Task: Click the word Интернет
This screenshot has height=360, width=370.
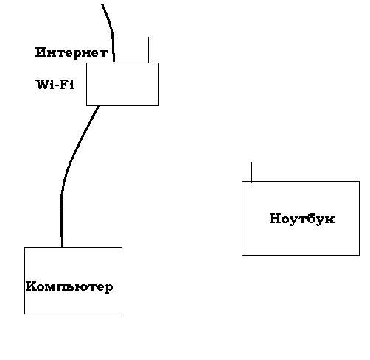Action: [71, 52]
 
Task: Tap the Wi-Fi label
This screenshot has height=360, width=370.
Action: [55, 85]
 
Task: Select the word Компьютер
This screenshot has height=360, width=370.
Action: [69, 287]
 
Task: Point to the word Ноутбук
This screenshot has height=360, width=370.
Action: [302, 219]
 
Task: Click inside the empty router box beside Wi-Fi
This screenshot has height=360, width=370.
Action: [122, 84]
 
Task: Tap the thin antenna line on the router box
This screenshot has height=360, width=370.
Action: [148, 50]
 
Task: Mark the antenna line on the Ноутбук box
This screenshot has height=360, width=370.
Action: [251, 172]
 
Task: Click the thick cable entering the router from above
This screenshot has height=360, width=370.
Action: [111, 31]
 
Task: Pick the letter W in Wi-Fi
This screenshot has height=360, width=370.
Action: [43, 85]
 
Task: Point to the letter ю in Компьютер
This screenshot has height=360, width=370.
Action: [85, 287]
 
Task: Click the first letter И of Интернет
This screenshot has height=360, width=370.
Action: [41, 52]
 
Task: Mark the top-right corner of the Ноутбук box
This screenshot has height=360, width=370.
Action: [359, 182]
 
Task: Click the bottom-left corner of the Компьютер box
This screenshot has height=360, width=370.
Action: [24, 314]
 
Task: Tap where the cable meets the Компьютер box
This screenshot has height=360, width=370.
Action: [62, 247]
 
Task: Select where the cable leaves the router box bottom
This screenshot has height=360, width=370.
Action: [98, 106]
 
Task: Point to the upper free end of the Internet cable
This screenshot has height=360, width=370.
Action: [102, 4]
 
